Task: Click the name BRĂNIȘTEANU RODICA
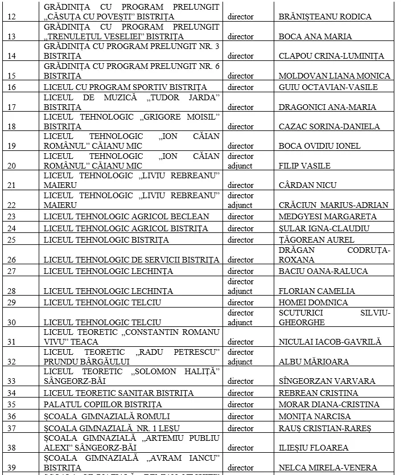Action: coord(325,17)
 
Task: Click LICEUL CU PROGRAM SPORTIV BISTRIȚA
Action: coord(125,87)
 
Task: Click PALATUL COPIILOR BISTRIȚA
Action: coord(103,404)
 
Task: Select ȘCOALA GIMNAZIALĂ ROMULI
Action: coord(106,416)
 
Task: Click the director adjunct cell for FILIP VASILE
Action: coord(240,161)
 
